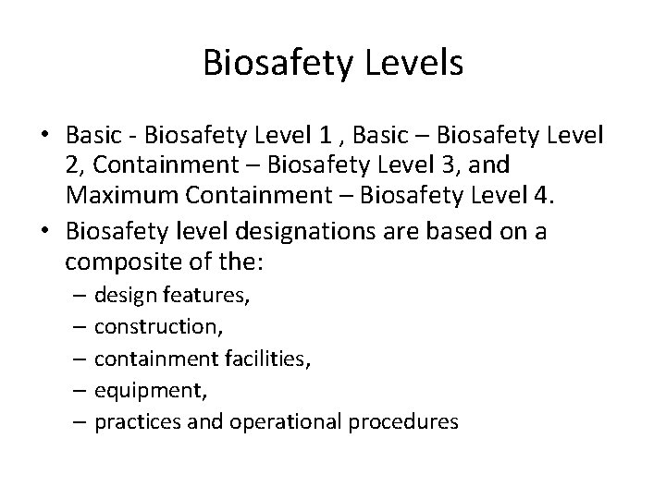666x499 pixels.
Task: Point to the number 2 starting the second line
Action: [72, 167]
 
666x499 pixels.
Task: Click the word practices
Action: [131, 421]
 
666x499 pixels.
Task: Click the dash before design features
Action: [81, 296]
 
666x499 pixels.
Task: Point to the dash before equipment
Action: [81, 390]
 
